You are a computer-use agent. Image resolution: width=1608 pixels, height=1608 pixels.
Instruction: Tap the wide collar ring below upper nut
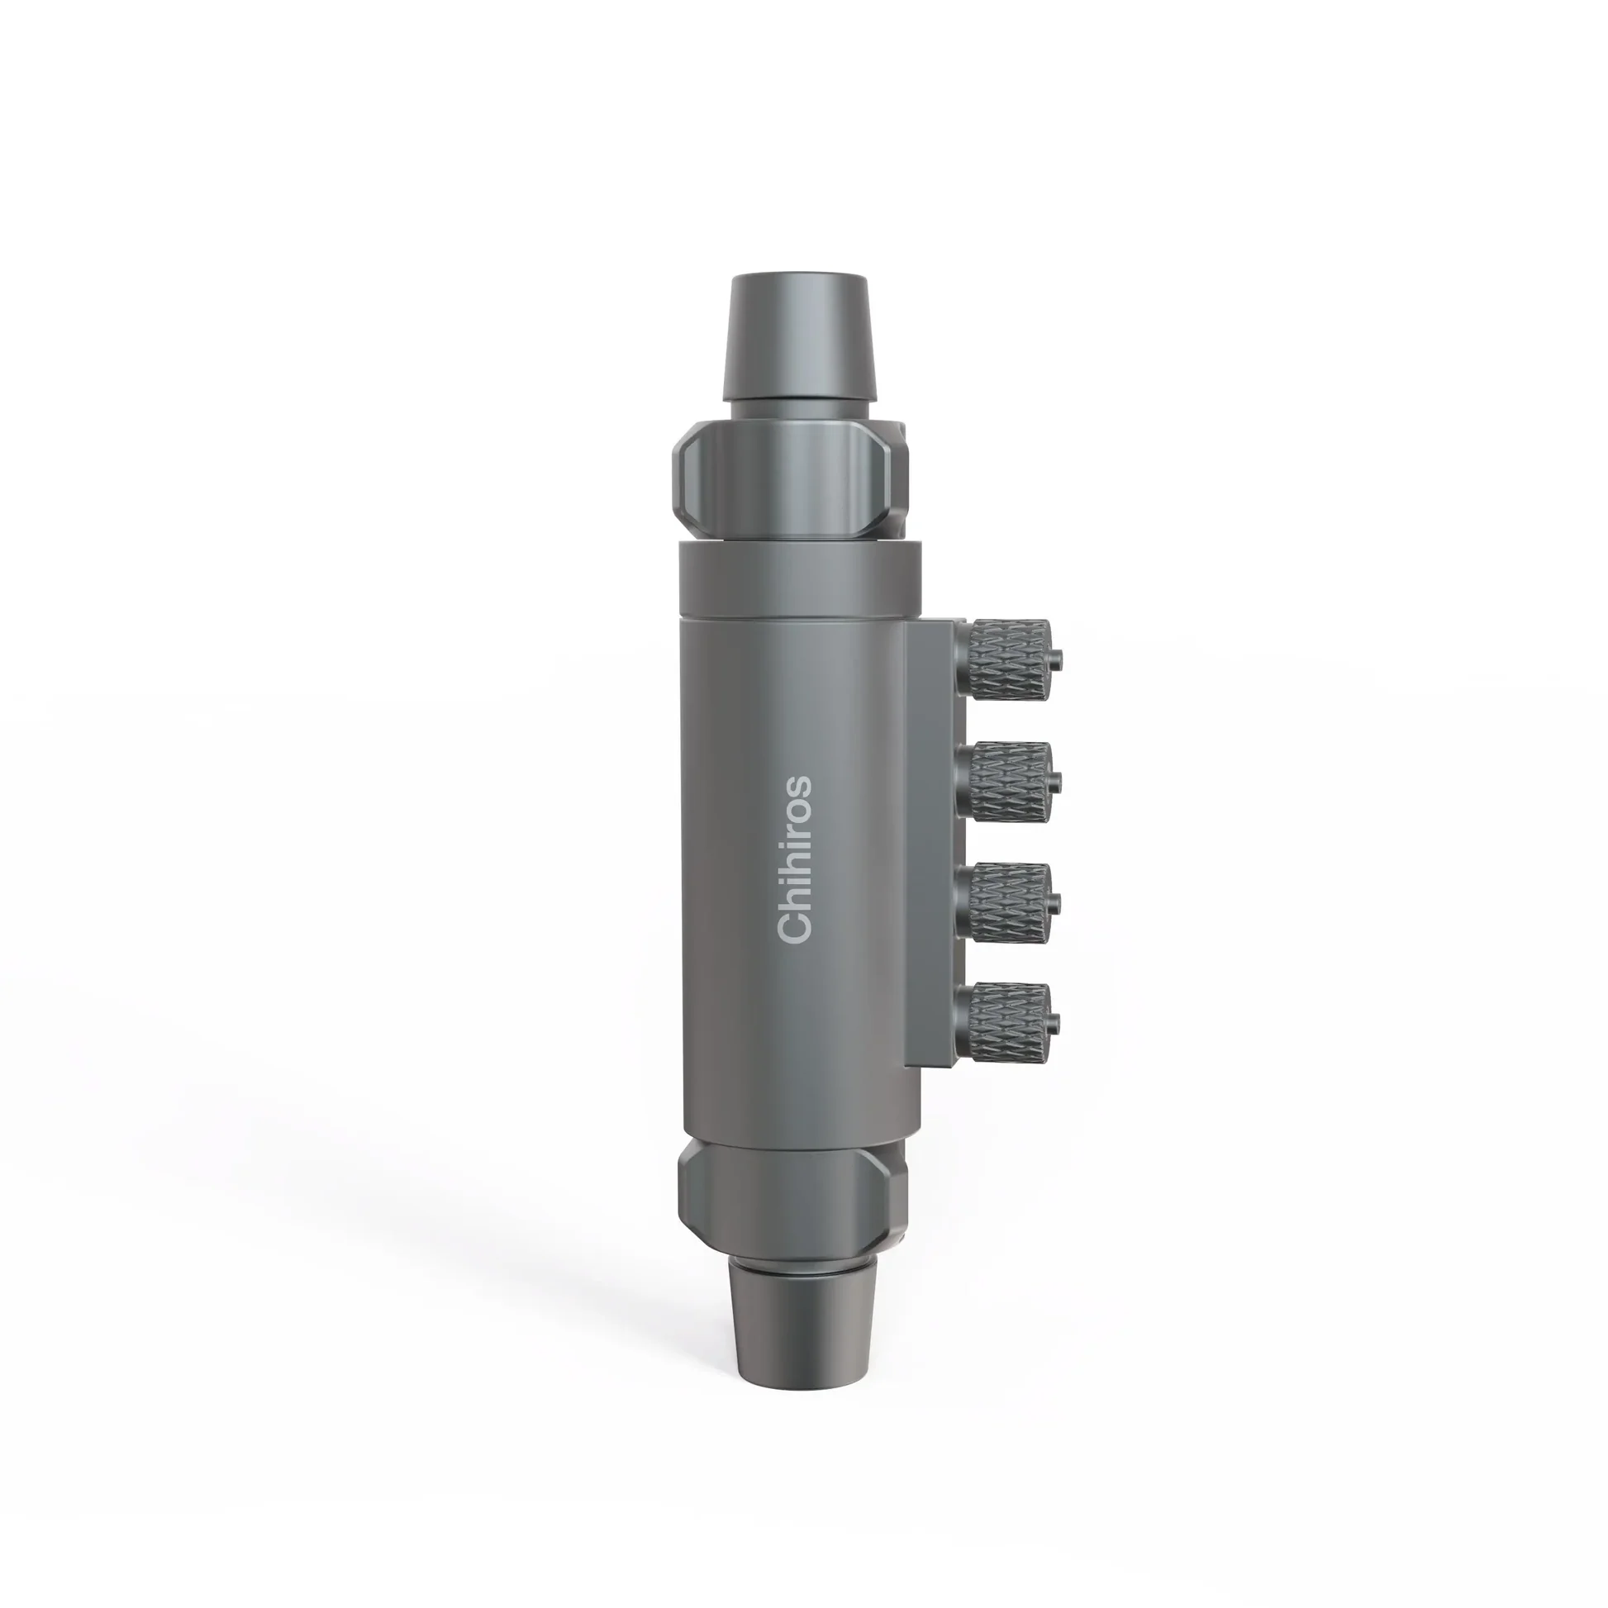click(801, 578)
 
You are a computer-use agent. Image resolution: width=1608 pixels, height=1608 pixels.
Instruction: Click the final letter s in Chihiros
click(796, 787)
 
